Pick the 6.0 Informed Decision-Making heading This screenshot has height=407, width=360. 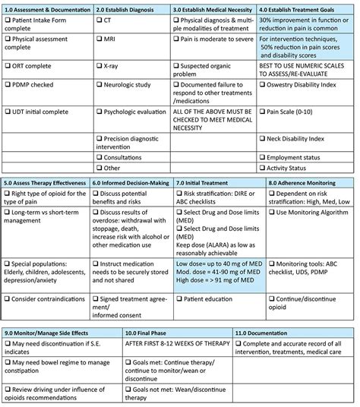(x=131, y=182)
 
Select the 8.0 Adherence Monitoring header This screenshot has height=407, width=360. (x=305, y=182)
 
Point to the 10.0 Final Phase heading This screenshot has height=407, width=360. (x=150, y=333)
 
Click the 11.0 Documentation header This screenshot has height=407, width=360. (x=264, y=333)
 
